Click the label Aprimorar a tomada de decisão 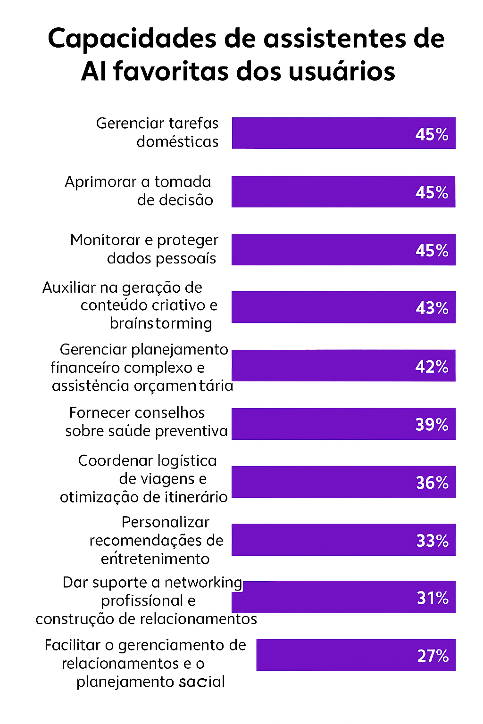click(139, 191)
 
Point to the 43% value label click(432, 308)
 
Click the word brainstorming click(161, 323)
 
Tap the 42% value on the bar click(432, 366)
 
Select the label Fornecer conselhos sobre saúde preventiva click(146, 422)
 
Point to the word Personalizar click(165, 522)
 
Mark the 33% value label click(432, 540)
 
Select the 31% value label click(433, 598)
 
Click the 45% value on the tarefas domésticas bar click(432, 134)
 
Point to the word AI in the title click(93, 72)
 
